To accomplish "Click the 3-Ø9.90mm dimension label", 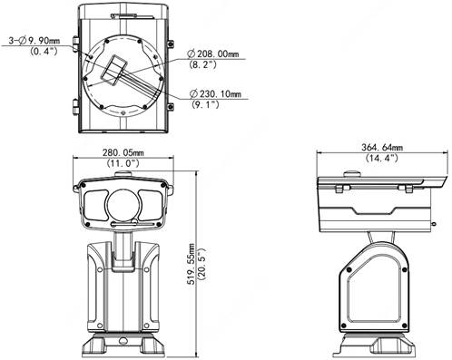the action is point(34,41).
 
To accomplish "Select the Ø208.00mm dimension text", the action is point(213,54).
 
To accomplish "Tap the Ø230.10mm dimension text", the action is point(215,94).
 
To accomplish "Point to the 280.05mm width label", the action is point(123,152).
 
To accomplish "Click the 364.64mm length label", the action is point(382,148).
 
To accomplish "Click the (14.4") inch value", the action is point(382,158).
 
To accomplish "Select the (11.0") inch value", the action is point(123,163).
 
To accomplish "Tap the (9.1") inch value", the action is point(205,104).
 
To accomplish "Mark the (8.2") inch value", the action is point(202,64).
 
